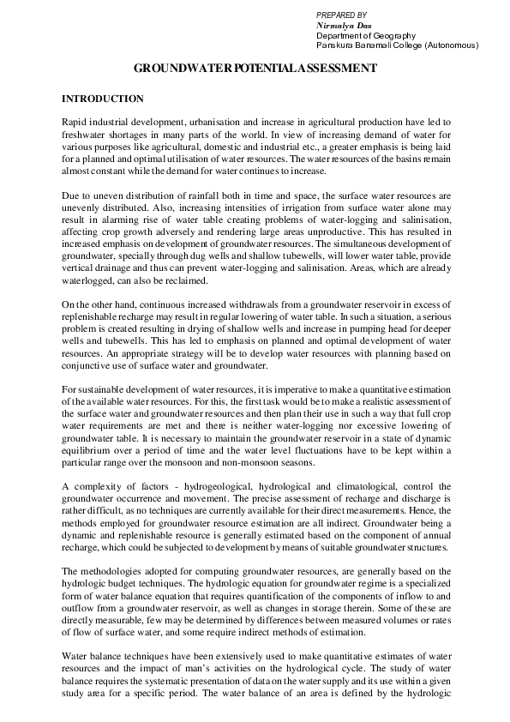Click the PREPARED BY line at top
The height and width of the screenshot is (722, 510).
(x=341, y=15)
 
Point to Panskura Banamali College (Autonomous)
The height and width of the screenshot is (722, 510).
(x=397, y=45)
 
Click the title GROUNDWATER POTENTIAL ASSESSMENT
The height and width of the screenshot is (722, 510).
(x=255, y=68)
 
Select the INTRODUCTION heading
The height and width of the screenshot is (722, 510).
(x=103, y=99)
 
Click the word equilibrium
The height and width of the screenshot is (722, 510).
(x=89, y=447)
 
